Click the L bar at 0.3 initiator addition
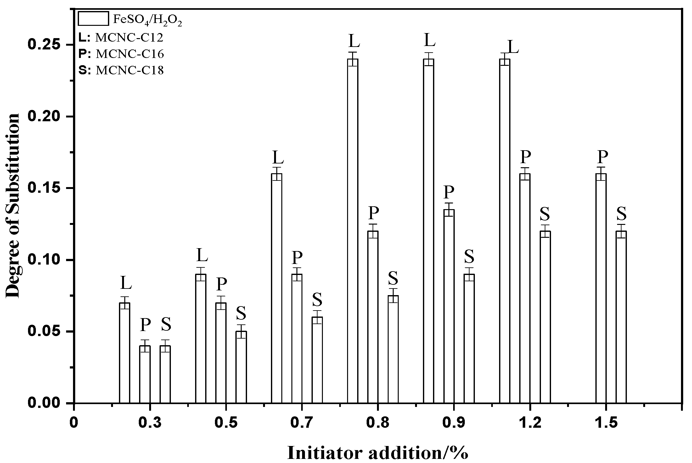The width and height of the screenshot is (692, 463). click(125, 353)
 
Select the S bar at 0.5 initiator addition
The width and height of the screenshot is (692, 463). click(241, 367)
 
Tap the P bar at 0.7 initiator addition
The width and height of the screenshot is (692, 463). click(297, 339)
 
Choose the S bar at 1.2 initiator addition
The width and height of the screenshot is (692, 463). click(545, 317)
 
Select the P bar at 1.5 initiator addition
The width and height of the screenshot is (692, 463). click(601, 288)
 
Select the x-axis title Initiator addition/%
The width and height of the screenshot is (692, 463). click(378, 453)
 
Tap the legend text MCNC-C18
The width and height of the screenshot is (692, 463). click(130, 70)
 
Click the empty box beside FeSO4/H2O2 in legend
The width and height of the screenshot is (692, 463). click(93, 18)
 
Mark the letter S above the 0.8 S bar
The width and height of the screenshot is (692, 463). click(393, 278)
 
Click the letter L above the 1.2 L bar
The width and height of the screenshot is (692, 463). click(513, 47)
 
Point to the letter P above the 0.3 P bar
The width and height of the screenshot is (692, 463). click(145, 325)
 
